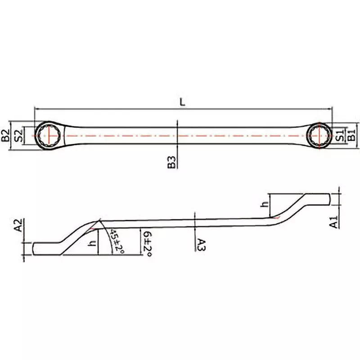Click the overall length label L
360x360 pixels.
tap(182, 102)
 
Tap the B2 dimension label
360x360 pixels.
tap(5, 135)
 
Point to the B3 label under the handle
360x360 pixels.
tap(171, 162)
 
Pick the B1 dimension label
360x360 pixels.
tap(352, 134)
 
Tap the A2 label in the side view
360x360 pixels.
tap(18, 225)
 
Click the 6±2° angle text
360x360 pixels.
tap(146, 243)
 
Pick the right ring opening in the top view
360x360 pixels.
tap(319, 135)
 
